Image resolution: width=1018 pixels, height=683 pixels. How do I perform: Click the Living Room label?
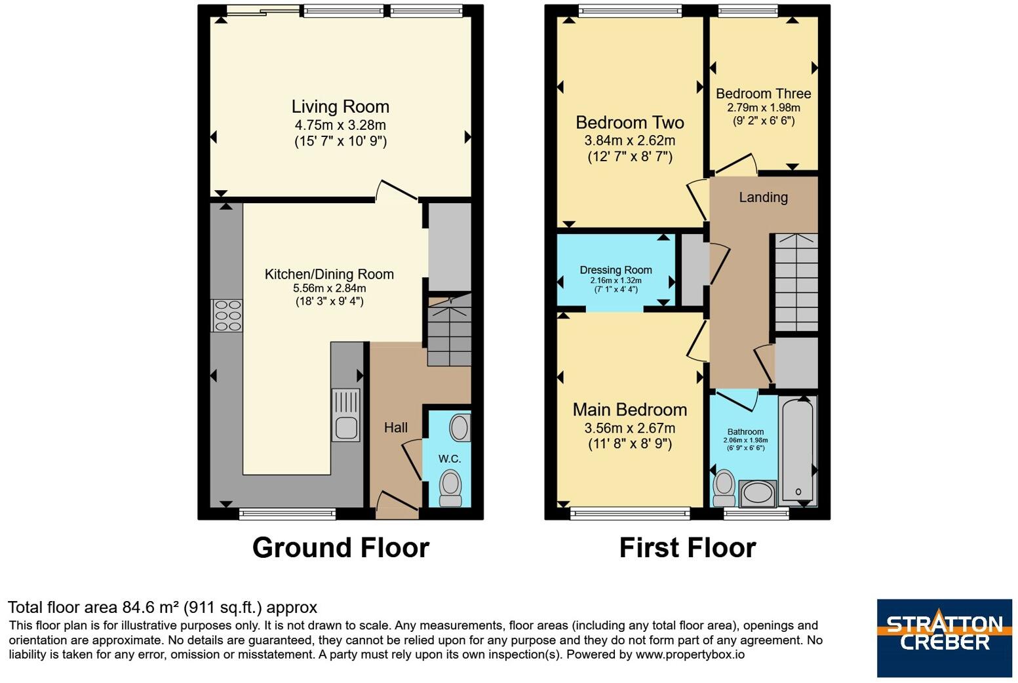[340, 107]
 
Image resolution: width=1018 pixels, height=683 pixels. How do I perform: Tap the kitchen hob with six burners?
[227, 315]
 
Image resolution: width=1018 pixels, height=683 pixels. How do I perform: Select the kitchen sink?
[346, 414]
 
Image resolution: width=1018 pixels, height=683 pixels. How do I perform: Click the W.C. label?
[450, 459]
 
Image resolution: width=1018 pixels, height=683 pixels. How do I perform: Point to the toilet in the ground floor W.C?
[451, 488]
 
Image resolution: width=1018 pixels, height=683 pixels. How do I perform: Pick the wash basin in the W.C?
[460, 427]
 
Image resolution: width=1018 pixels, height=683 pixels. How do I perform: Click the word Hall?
[396, 427]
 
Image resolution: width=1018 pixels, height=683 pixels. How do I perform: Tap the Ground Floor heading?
[341, 547]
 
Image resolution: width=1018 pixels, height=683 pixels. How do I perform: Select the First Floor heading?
[688, 547]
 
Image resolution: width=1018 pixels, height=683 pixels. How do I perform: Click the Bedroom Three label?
[764, 94]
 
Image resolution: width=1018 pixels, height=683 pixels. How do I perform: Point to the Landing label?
[764, 197]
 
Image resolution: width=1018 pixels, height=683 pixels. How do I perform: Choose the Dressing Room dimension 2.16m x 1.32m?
[616, 281]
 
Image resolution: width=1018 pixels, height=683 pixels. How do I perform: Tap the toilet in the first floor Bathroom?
[724, 488]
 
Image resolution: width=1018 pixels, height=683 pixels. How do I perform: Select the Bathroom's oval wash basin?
[758, 494]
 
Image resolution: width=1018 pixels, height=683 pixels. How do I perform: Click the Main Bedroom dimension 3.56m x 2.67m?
[630, 428]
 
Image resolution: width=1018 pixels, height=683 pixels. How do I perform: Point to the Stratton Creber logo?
[945, 638]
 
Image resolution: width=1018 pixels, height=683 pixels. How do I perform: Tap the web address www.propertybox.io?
[690, 655]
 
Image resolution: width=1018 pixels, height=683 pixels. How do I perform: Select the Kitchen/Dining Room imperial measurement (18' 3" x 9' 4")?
[330, 302]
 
